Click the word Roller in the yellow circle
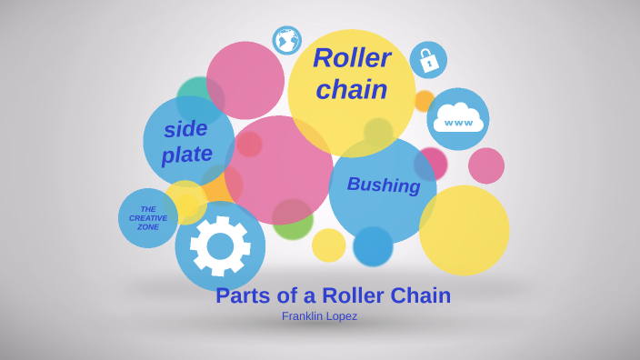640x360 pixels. pos(352,58)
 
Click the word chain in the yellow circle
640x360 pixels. pos(352,89)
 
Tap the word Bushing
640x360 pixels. pos(384,185)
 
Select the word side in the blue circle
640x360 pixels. pos(185,129)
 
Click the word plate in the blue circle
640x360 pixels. pos(187,155)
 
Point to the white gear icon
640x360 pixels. pos(220,245)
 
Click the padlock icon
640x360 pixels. pos(428,61)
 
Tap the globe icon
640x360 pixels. pos(287,40)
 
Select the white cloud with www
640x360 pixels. pos(458,118)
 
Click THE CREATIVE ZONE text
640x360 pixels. pos(148,218)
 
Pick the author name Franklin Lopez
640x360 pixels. pos(319,316)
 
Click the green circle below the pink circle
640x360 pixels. pos(293,222)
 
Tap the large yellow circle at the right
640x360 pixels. pos(464,231)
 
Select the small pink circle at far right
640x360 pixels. pos(486,165)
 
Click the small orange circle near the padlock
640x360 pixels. pos(424,100)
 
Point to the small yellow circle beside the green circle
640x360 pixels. pos(328,245)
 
